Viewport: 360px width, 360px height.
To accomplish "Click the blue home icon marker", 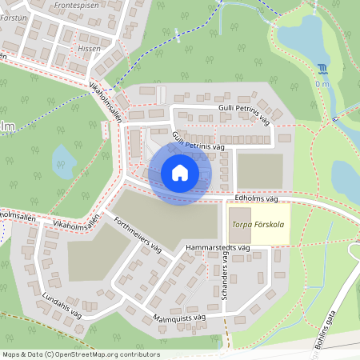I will pos(180,173).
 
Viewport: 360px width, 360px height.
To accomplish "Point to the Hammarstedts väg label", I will pos(218,249).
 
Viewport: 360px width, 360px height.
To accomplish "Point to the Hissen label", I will pos(90,48).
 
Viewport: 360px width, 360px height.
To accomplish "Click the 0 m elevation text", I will pos(322,83).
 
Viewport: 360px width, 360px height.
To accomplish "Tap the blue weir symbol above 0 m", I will pos(322,69).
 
